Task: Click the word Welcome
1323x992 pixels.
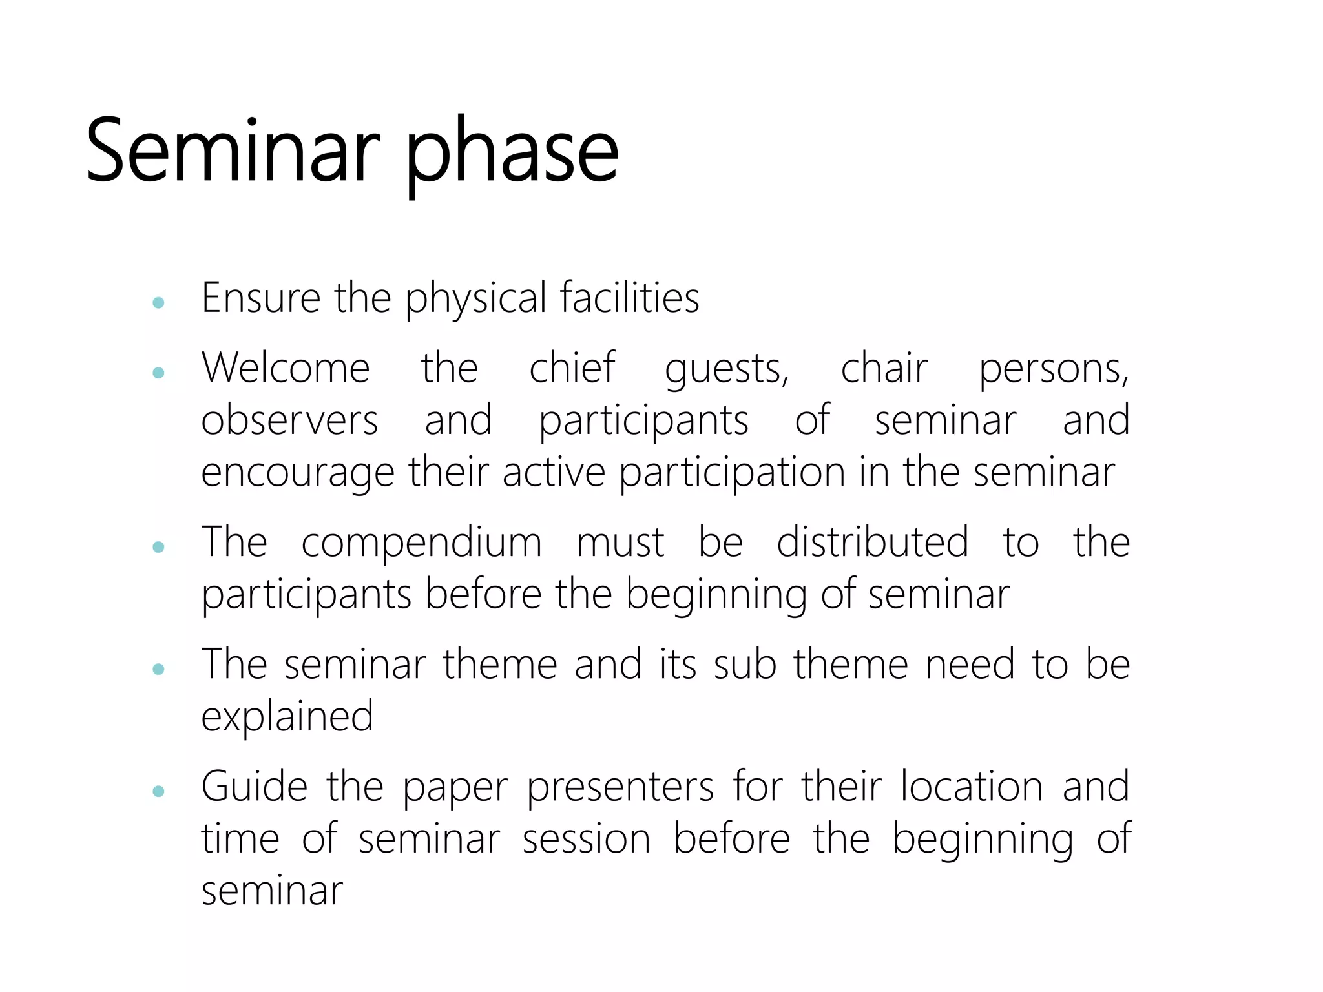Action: [286, 368]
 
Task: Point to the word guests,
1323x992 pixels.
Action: [727, 369]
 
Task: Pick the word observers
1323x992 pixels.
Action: [289, 420]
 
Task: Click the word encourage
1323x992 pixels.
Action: [297, 473]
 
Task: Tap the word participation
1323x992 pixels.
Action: [732, 473]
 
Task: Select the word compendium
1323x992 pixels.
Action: [421, 542]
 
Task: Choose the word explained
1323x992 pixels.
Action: [287, 717]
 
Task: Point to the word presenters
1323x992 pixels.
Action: [620, 788]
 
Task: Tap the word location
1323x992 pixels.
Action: [972, 787]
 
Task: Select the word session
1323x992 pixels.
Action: [586, 839]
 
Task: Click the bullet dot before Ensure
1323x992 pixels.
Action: [158, 302]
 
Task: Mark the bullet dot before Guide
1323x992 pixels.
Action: [158, 791]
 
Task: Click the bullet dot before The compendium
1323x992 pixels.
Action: [158, 547]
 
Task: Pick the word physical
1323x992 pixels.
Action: [475, 299]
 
